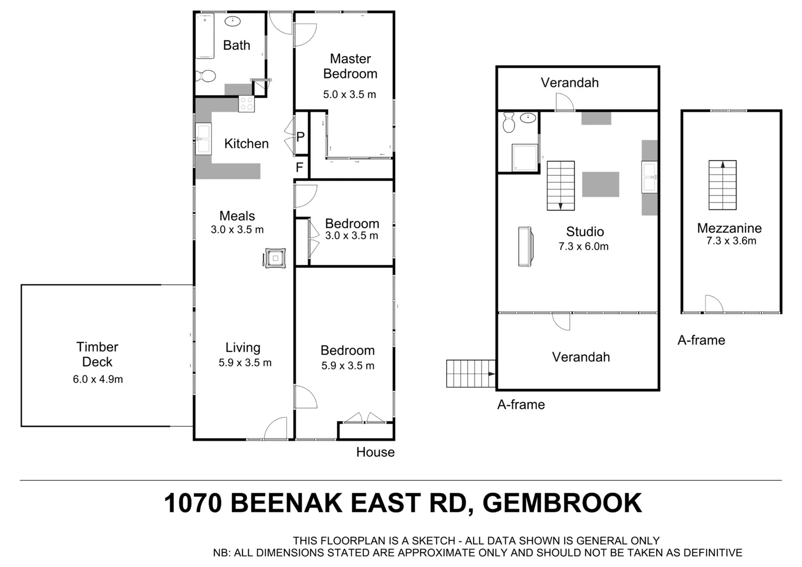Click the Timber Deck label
pos(97,354)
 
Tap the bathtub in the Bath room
pos(205,36)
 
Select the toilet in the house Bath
pos(205,77)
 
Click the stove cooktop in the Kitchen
pos(246,104)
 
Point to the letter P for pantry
pos(300,138)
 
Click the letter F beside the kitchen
pos(300,167)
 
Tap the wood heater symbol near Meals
pos(276,258)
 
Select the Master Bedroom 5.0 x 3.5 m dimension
pos(350,94)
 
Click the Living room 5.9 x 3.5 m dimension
pos(245,363)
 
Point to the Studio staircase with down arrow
pos(561,185)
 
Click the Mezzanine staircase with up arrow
pos(722,185)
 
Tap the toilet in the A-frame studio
pos(508,123)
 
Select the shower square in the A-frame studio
pos(524,157)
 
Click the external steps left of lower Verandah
pos(470,373)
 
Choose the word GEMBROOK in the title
pos(562,503)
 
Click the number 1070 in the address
pos(193,503)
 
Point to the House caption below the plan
pos(375,452)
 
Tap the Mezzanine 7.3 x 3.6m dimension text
pos(731,241)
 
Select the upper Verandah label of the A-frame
pos(569,82)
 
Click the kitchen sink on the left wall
pos(203,139)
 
